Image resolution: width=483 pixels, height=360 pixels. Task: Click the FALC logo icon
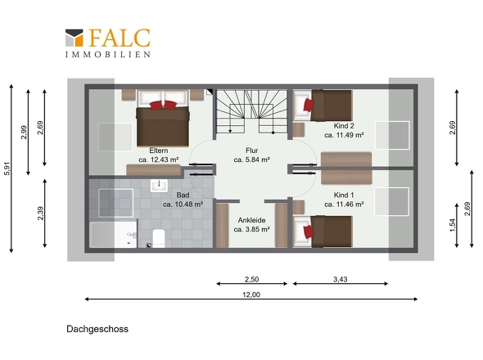[x=74, y=38]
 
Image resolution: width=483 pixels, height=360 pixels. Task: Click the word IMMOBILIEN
[x=107, y=54]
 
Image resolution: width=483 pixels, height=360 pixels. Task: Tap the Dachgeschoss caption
[x=97, y=329]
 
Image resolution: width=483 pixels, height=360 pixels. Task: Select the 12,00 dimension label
[x=251, y=295]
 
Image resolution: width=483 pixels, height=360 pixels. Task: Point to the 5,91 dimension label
[x=7, y=169]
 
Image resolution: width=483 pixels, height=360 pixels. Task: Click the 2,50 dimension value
[x=251, y=280]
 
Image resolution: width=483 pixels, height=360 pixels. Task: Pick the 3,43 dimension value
[x=341, y=280]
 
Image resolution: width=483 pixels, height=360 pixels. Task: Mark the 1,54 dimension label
[x=453, y=225]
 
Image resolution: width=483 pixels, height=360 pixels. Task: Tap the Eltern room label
[x=159, y=151]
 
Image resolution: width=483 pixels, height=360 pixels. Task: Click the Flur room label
[x=251, y=151]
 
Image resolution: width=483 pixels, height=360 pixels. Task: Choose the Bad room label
[x=185, y=195]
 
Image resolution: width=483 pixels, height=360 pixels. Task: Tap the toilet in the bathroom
[x=159, y=238]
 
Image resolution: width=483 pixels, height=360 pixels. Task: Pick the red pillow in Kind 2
[x=309, y=105]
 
